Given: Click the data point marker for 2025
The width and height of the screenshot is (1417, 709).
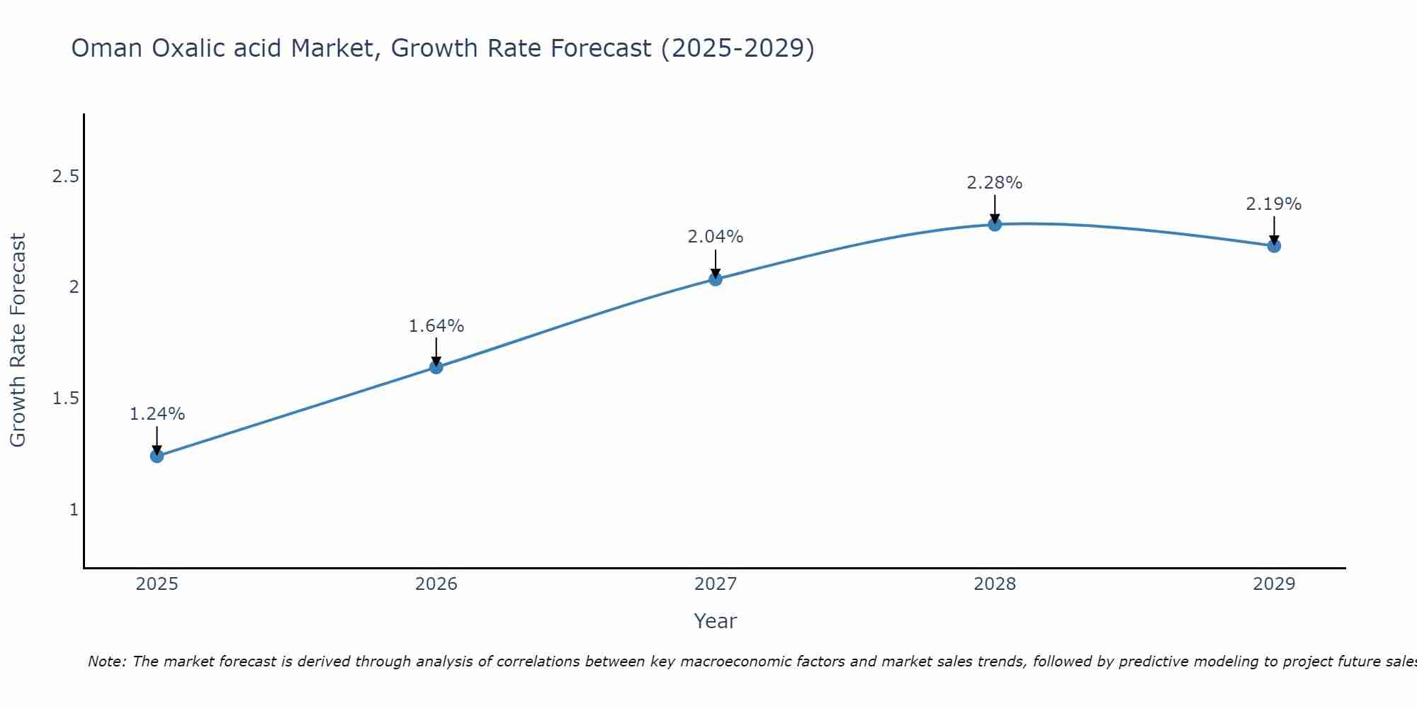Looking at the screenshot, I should click(x=157, y=456).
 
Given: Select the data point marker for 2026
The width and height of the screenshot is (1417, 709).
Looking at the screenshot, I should click(x=436, y=367).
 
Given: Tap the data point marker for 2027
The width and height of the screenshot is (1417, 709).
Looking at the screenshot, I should click(x=716, y=279).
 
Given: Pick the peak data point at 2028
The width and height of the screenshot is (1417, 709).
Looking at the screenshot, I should click(x=995, y=225).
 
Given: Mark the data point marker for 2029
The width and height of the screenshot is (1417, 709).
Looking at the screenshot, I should click(x=1274, y=246).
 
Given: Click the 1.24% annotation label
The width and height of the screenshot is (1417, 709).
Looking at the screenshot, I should click(x=157, y=414).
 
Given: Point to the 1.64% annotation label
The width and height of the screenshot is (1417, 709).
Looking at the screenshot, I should click(x=436, y=326).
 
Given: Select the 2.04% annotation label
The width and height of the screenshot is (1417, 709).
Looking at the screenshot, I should click(x=716, y=237).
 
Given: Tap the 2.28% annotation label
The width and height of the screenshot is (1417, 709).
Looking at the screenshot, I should click(x=995, y=183).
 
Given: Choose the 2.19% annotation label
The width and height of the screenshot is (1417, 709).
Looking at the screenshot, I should click(x=1274, y=204).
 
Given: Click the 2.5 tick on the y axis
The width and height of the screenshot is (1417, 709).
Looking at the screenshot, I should click(x=65, y=177).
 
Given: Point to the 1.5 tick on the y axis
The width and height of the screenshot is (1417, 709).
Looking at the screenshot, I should click(x=65, y=398).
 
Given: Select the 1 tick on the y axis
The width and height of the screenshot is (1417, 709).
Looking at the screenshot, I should click(x=74, y=510).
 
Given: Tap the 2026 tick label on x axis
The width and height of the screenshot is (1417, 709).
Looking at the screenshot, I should click(x=436, y=584).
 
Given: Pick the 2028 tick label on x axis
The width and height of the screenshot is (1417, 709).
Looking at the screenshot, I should click(x=995, y=584).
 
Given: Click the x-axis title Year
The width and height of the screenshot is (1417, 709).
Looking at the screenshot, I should click(x=716, y=621).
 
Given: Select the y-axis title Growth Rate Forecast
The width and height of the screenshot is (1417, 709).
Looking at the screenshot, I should click(x=18, y=340).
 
